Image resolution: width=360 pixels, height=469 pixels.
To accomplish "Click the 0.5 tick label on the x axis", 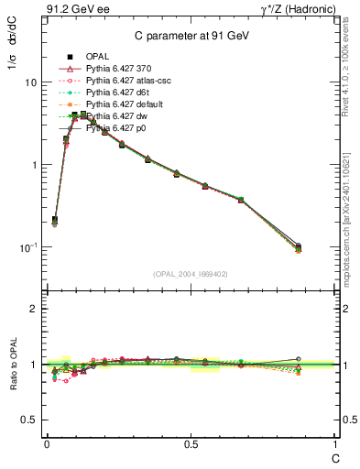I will pos(191,442).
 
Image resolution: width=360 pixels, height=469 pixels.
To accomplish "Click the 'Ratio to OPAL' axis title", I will pos(12,365).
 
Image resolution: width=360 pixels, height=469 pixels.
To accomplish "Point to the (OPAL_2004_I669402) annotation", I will pos(190,274).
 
